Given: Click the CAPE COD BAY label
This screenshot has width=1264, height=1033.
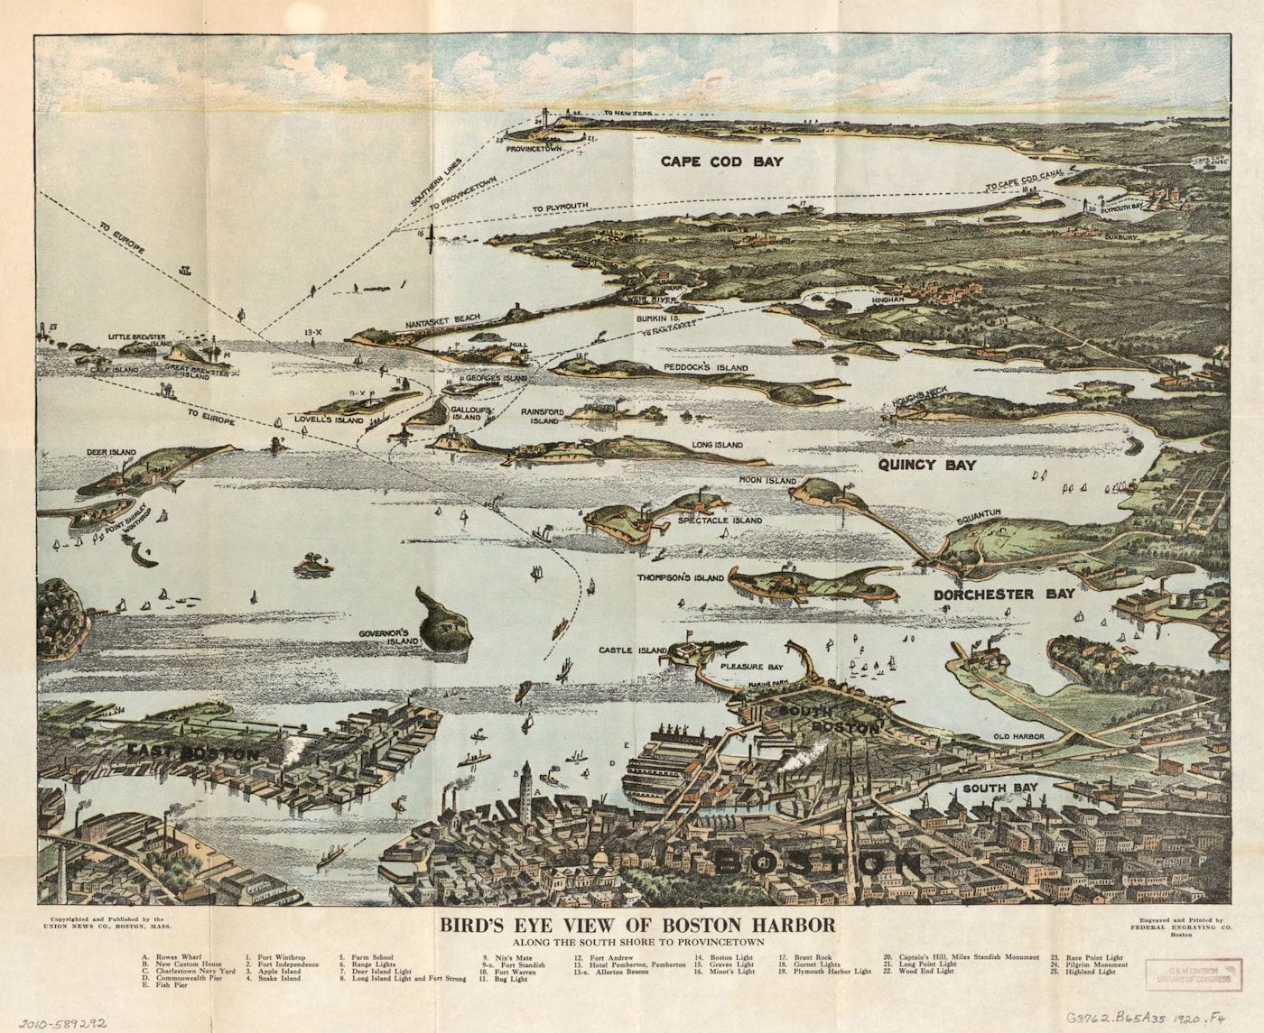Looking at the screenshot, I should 720,161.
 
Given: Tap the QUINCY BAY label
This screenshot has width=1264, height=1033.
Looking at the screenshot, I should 927,465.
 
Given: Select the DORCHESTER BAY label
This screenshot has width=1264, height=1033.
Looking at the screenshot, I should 1004,594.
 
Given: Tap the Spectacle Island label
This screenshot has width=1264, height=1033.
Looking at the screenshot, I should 727,521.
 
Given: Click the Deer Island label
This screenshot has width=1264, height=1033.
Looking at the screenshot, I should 110,452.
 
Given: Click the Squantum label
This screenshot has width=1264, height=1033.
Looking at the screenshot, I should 979,513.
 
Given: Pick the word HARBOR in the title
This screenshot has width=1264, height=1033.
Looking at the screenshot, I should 785,925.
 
